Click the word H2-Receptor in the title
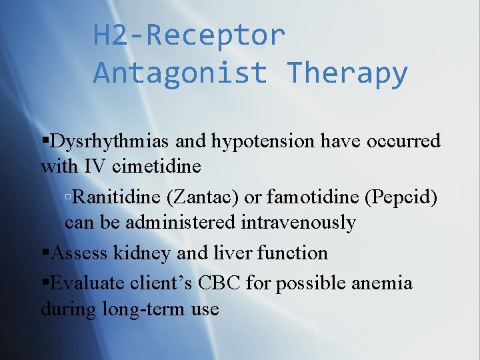(189, 35)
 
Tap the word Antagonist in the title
(180, 73)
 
